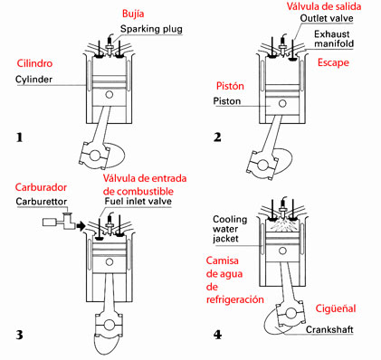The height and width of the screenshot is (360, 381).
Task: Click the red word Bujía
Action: point(133,14)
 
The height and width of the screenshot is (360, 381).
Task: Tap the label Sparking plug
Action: point(151,29)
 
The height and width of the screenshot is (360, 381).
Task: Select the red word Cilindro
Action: point(34,63)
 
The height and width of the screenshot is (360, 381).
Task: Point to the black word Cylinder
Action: point(33,80)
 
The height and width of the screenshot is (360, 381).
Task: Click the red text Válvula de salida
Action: point(324,6)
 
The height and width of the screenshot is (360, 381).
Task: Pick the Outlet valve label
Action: point(327,18)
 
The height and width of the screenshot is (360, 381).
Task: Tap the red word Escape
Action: point(333,62)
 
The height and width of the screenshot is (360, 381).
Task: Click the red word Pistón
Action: point(230,86)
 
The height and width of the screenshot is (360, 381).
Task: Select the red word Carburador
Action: point(41,187)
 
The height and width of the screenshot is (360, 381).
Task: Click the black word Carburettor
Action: point(41,201)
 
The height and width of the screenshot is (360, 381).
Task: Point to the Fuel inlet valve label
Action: point(138,201)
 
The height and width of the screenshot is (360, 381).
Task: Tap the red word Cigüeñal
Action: point(336,308)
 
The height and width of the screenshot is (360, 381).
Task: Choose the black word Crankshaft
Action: point(329,329)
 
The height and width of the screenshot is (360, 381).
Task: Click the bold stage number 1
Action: point(20,137)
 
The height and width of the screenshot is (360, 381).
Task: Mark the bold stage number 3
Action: point(20,335)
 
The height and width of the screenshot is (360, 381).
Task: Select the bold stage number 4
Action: point(218,335)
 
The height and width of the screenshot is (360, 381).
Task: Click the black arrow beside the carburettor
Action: point(81,225)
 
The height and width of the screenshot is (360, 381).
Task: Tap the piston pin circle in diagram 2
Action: point(282,104)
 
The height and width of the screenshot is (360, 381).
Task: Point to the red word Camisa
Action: point(223,261)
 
